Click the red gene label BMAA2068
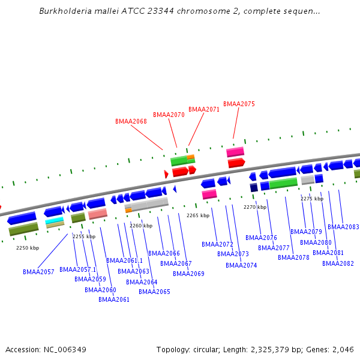point(131,121)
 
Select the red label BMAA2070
point(169,115)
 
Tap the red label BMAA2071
point(204,109)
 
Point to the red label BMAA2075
point(239,104)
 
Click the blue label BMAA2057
point(38,272)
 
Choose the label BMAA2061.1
point(124,260)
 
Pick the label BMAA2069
point(188,274)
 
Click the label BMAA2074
point(241,265)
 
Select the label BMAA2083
point(343,227)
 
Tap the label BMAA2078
point(293,257)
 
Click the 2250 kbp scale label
point(28,248)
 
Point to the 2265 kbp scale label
point(198,215)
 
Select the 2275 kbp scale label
point(312,199)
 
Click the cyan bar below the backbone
point(55,220)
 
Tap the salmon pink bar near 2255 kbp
point(97,213)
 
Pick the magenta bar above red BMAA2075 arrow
point(235,152)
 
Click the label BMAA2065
point(154,292)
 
